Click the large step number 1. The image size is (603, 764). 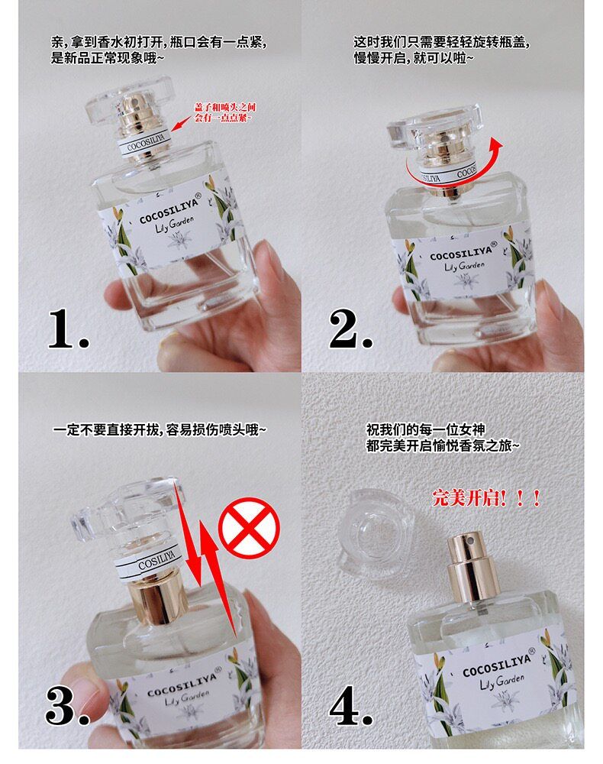(x=68, y=329)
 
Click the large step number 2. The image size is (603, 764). (x=350, y=329)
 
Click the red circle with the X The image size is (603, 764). (x=249, y=528)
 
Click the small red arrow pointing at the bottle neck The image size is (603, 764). (x=182, y=123)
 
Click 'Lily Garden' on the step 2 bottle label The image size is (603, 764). (x=464, y=266)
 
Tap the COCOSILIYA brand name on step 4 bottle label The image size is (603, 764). (x=496, y=665)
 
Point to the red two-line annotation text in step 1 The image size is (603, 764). (x=225, y=112)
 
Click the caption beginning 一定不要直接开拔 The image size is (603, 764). (x=160, y=429)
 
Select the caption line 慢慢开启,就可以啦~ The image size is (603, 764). (x=413, y=58)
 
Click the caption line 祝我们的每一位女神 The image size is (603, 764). (x=425, y=429)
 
